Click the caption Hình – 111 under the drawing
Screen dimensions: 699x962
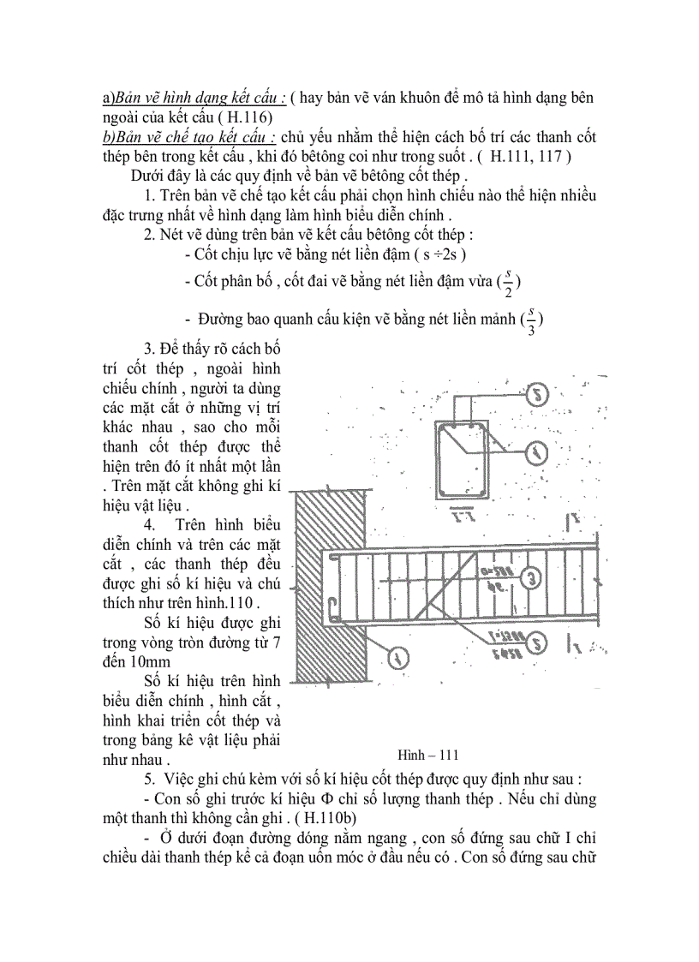click(x=428, y=755)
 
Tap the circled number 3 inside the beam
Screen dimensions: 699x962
click(x=532, y=579)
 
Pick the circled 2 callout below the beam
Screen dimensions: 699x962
click(x=535, y=641)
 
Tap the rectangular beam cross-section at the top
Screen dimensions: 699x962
click(x=463, y=459)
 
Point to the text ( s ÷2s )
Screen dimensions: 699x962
click(x=438, y=254)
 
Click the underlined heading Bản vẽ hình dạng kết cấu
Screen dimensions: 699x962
click(x=194, y=99)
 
